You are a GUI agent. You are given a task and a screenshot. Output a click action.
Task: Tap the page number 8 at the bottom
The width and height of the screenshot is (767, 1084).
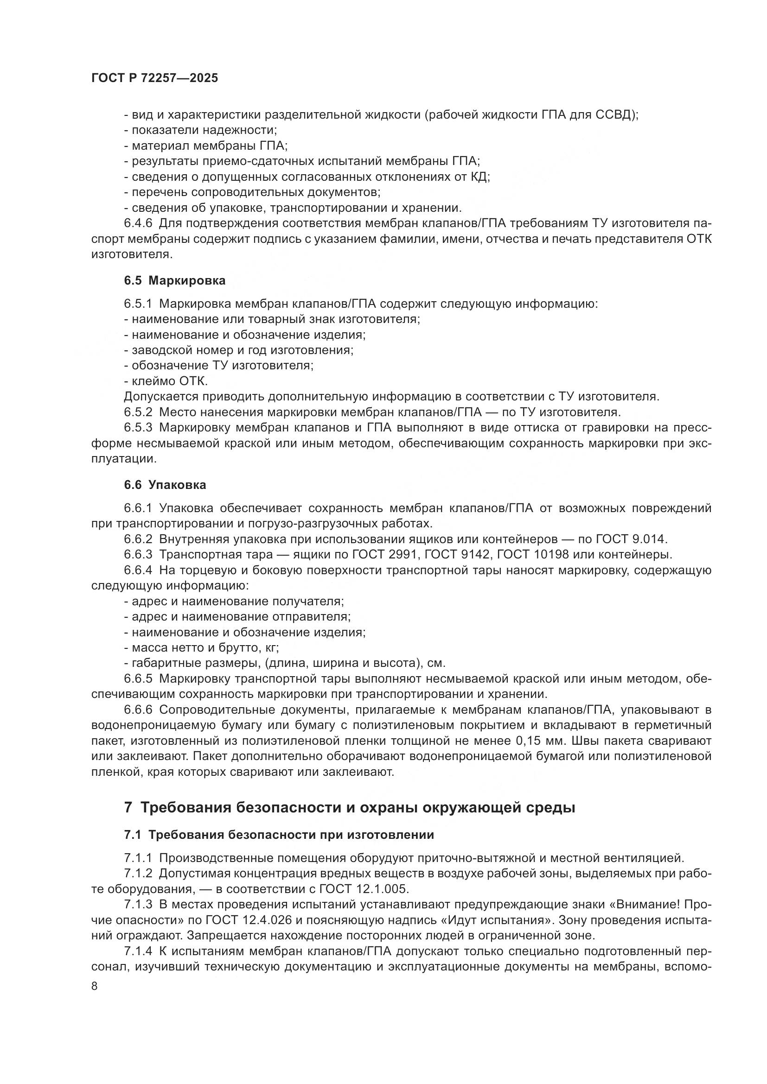point(95,986)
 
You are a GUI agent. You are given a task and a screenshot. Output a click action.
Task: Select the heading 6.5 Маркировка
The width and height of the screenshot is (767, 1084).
point(175,280)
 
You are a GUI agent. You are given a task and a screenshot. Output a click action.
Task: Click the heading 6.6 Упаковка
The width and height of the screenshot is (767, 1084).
point(165,485)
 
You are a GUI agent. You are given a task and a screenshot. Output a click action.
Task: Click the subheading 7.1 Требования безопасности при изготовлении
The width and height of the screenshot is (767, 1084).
point(279,835)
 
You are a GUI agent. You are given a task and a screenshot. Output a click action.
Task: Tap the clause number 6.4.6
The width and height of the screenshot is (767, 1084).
point(138,223)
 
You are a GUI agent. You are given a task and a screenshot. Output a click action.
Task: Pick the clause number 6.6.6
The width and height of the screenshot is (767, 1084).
point(138,710)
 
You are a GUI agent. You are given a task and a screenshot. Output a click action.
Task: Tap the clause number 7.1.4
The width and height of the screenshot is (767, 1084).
point(138,951)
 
